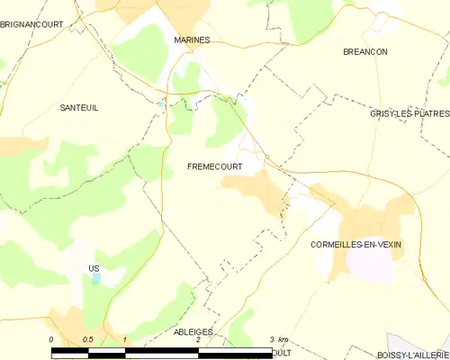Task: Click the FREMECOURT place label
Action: pyautogui.click(x=213, y=166)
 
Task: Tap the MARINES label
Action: pyautogui.click(x=192, y=40)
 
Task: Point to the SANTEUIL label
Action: pyautogui.click(x=78, y=108)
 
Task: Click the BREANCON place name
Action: pyautogui.click(x=365, y=52)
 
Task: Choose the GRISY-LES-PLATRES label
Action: pyautogui.click(x=409, y=114)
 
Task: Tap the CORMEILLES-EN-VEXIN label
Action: pyautogui.click(x=355, y=245)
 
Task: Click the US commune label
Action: pyautogui.click(x=94, y=268)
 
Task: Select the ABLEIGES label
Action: pyautogui.click(x=193, y=331)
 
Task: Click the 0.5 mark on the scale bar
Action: pyautogui.click(x=87, y=339)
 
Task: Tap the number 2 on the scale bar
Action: pyautogui.click(x=197, y=339)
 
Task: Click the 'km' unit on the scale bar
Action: pyautogui.click(x=283, y=339)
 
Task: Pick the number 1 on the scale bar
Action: pyautogui.click(x=124, y=339)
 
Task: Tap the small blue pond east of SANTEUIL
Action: pyautogui.click(x=161, y=104)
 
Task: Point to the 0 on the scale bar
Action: pyautogui.click(x=51, y=339)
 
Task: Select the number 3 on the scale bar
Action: pyautogui.click(x=271, y=339)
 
